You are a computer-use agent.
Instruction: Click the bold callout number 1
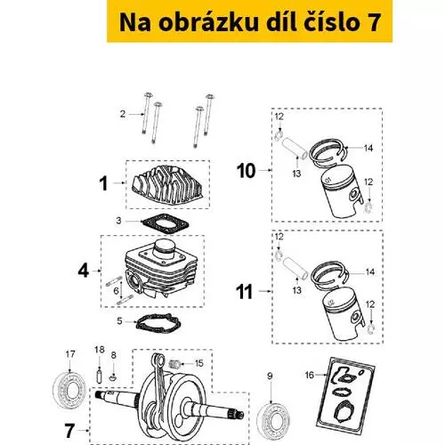point(103,183)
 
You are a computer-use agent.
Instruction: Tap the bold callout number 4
point(84,271)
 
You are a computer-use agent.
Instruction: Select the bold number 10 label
point(246,171)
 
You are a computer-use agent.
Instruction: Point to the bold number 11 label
point(244,292)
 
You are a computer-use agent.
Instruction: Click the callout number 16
point(310,375)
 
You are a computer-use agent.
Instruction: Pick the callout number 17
point(70,354)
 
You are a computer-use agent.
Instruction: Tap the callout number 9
point(270,376)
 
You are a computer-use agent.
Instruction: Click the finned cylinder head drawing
point(167,185)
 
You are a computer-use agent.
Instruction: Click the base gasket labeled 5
point(158,324)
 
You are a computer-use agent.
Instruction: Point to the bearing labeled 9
point(272,422)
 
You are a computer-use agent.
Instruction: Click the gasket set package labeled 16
point(346,392)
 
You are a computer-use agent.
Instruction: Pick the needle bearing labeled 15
point(175,363)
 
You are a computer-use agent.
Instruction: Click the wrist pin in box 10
point(295,149)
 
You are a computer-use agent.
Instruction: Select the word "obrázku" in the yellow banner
point(208,22)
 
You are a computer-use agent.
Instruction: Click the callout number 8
point(113,355)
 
